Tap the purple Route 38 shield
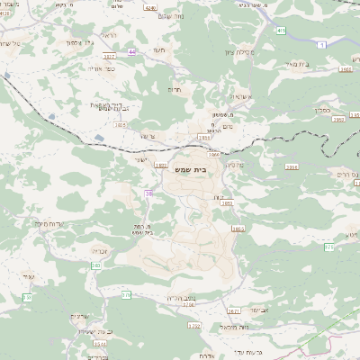(x=148, y=193)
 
